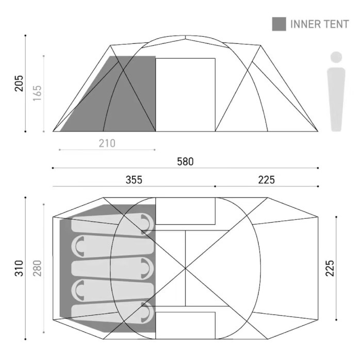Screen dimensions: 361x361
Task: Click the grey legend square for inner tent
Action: [x=279, y=24]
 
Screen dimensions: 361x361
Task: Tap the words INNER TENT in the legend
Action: [x=320, y=24]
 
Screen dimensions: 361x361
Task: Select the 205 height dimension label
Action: [x=19, y=83]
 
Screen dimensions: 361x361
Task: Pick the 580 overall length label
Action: [x=185, y=161]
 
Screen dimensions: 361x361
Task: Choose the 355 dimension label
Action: [x=134, y=180]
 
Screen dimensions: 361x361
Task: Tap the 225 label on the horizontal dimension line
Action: [x=267, y=180]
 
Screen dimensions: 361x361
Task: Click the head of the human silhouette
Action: [x=336, y=57]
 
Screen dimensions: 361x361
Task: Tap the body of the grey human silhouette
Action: [x=336, y=98]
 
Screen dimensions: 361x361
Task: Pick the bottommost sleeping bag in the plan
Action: [x=111, y=311]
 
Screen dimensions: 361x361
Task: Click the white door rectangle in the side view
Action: [x=185, y=94]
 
